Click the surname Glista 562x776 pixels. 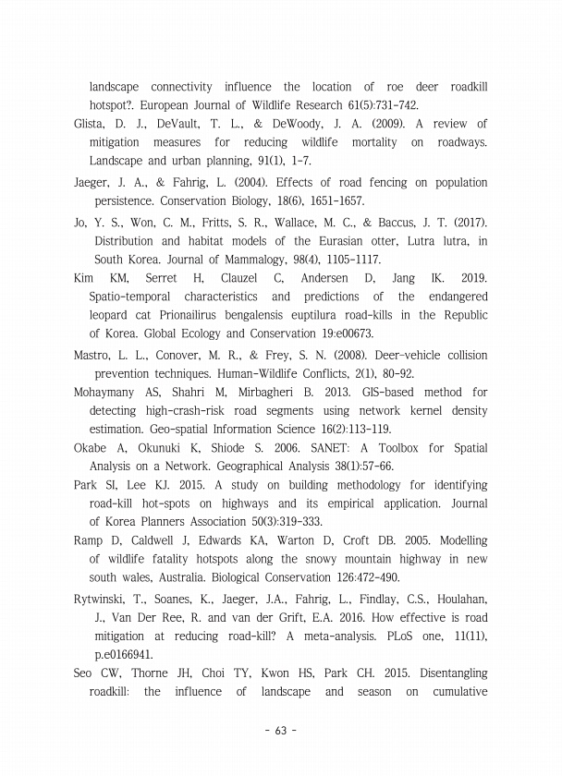pos(91,123)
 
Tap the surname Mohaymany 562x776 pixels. pos(108,393)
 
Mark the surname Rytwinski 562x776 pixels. pos(103,600)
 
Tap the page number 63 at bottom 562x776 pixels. pos(281,732)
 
